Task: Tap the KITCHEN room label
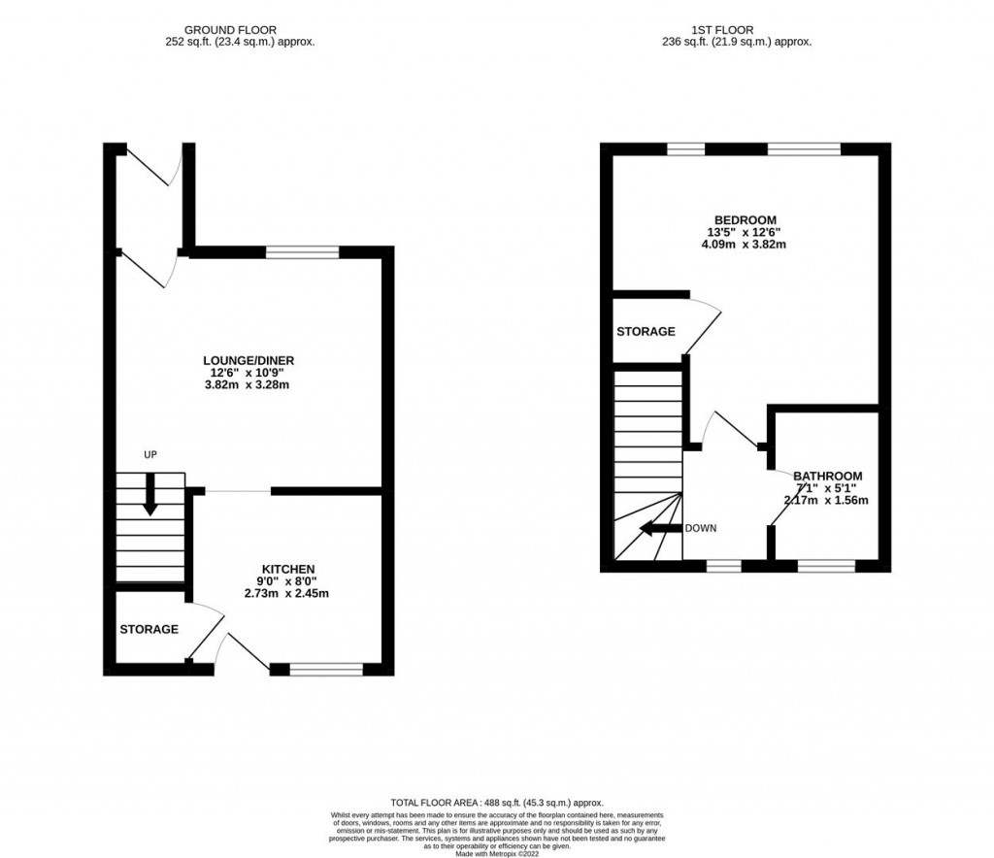(288, 568)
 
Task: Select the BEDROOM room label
(745, 219)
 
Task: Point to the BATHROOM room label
(826, 477)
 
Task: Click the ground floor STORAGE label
(149, 629)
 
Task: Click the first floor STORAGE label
(646, 331)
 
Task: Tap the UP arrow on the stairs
(149, 494)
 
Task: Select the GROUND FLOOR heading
(239, 30)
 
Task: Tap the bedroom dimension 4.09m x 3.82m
(745, 245)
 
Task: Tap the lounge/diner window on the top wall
(303, 252)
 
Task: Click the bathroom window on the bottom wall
(826, 563)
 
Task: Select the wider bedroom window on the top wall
(804, 148)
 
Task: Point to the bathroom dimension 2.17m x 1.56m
(826, 501)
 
